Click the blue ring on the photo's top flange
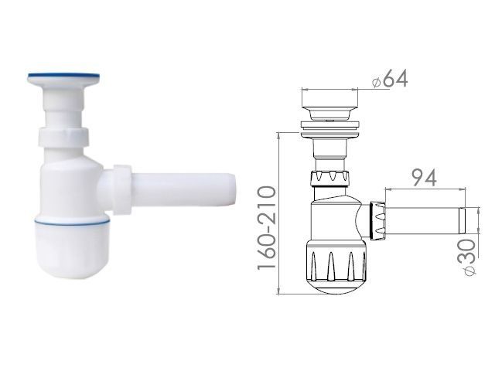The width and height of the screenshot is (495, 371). coord(65,77)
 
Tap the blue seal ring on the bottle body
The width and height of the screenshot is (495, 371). coord(69,221)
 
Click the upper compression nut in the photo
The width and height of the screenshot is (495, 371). coord(63,140)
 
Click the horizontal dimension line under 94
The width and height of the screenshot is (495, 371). coord(426,188)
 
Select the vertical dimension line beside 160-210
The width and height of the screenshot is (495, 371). coord(278,213)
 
